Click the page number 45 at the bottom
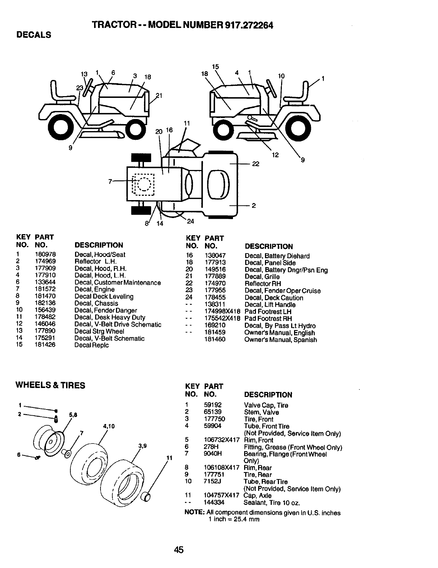click(x=178, y=550)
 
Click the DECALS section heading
click(x=33, y=35)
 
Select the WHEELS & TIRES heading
click(x=50, y=385)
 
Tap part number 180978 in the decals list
click(x=45, y=255)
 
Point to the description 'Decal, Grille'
click(x=262, y=277)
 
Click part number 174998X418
click(x=222, y=312)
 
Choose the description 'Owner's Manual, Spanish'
click(x=280, y=340)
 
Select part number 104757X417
click(x=221, y=496)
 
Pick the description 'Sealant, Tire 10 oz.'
click(x=271, y=503)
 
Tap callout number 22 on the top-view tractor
click(x=255, y=164)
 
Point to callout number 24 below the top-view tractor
click(x=190, y=221)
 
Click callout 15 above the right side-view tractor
click(x=215, y=67)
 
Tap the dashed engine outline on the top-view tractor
click(x=143, y=184)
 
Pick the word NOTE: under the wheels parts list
click(x=194, y=513)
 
